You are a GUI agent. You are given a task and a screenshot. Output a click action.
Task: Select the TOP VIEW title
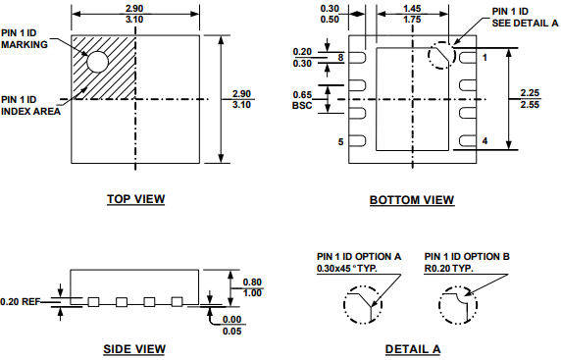[x=136, y=199]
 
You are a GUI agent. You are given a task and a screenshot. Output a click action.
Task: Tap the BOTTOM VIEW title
[x=412, y=200]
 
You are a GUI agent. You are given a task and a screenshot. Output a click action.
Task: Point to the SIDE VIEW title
[x=134, y=349]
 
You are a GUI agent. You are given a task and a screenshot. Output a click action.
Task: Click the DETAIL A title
[x=413, y=349]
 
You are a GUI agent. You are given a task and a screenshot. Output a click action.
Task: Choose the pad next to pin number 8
[x=357, y=58]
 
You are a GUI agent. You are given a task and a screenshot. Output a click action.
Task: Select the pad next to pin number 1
[x=468, y=58]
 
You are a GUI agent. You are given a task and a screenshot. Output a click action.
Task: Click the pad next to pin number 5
[x=357, y=141]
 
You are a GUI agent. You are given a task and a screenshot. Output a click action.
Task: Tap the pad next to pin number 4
[x=468, y=141]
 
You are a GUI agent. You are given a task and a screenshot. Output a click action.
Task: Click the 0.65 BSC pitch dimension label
[x=302, y=100]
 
